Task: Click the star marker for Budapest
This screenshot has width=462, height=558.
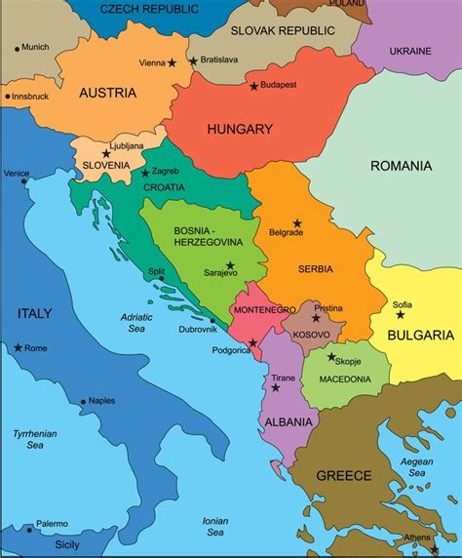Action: [254, 87]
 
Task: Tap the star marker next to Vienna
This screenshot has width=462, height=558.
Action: [173, 63]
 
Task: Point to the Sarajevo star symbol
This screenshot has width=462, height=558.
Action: [230, 264]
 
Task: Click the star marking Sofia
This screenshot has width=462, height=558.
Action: [401, 314]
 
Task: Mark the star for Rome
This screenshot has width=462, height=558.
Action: [18, 347]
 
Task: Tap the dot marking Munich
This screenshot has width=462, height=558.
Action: [17, 48]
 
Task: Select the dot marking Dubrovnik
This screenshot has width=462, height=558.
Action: [212, 320]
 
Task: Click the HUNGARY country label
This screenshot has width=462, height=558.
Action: [240, 129]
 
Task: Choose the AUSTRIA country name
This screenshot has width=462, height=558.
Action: [107, 94]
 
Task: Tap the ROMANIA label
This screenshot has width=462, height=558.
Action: [401, 166]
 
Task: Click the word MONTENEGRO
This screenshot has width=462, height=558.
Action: [264, 309]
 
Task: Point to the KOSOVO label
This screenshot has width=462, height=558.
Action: [312, 335]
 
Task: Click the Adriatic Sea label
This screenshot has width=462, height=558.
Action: [137, 323]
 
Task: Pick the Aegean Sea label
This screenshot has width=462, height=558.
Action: [416, 466]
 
